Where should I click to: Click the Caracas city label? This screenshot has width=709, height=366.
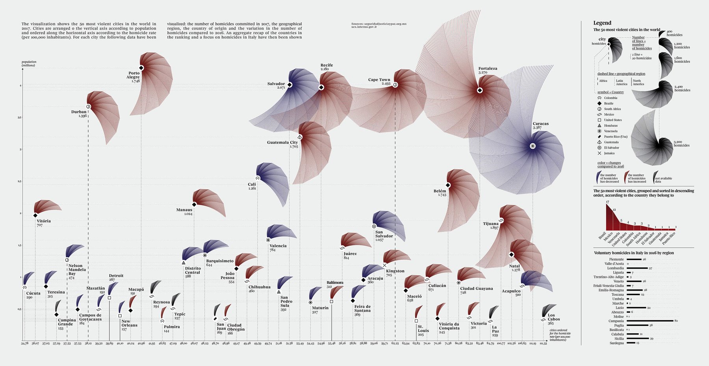(x=540, y=124)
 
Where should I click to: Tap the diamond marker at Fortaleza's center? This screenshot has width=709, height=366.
(x=479, y=90)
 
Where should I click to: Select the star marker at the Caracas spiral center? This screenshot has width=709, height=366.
(x=533, y=146)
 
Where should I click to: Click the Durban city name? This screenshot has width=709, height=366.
(x=79, y=112)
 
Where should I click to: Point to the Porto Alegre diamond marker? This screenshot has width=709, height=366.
(x=141, y=68)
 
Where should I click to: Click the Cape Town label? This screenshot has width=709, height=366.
(x=379, y=80)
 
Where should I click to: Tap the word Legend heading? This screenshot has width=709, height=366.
(x=602, y=23)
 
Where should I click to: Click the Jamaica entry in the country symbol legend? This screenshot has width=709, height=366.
(x=609, y=153)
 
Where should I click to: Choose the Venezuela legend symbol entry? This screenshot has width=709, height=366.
(x=611, y=131)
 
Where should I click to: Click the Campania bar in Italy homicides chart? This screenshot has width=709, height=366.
(x=650, y=321)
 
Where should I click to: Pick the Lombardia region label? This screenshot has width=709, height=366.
(x=615, y=268)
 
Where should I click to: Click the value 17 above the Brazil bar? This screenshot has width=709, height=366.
(x=607, y=202)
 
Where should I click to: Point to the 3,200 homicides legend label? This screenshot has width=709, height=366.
(x=681, y=144)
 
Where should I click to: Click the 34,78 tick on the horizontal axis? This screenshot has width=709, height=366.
(x=24, y=344)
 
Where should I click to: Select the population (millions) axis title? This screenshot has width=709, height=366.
(x=29, y=63)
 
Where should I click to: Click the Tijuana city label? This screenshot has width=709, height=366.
(x=491, y=224)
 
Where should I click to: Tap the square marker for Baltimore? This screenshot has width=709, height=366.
(x=331, y=301)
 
